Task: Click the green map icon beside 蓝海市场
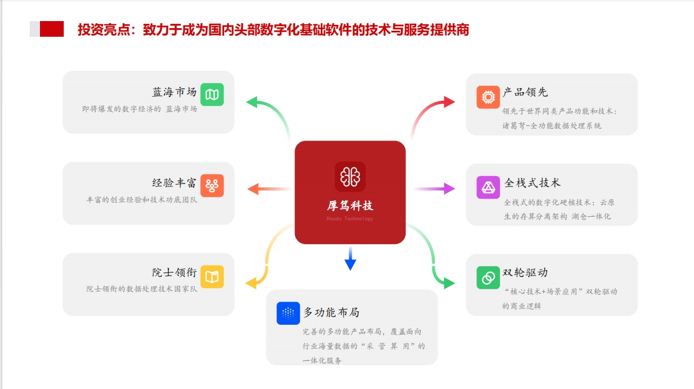pos(212,95)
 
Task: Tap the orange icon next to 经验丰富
pos(212,185)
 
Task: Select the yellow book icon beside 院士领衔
pos(212,277)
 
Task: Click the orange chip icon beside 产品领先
pos(488,97)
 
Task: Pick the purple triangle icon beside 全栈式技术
pos(488,187)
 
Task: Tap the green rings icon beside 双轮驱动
pos(488,277)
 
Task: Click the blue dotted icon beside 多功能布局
pos(288,313)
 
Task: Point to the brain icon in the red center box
pos(350,177)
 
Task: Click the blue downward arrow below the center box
pos(350,259)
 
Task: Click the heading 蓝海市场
pos(174,92)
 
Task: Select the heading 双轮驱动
pos(525,272)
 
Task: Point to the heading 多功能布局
pos(331,312)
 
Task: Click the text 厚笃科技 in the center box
pos(350,206)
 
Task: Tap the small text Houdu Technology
pos(350,219)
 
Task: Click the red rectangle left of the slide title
pos(52,29)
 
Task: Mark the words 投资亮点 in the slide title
pos(105,30)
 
